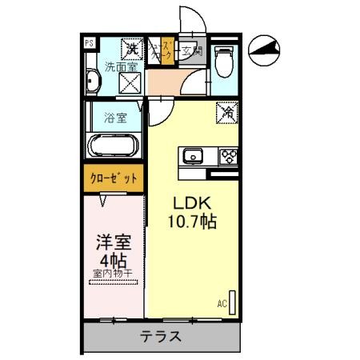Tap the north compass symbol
(266, 50)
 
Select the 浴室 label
(115, 118)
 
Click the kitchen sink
(193, 156)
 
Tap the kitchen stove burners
(228, 156)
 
